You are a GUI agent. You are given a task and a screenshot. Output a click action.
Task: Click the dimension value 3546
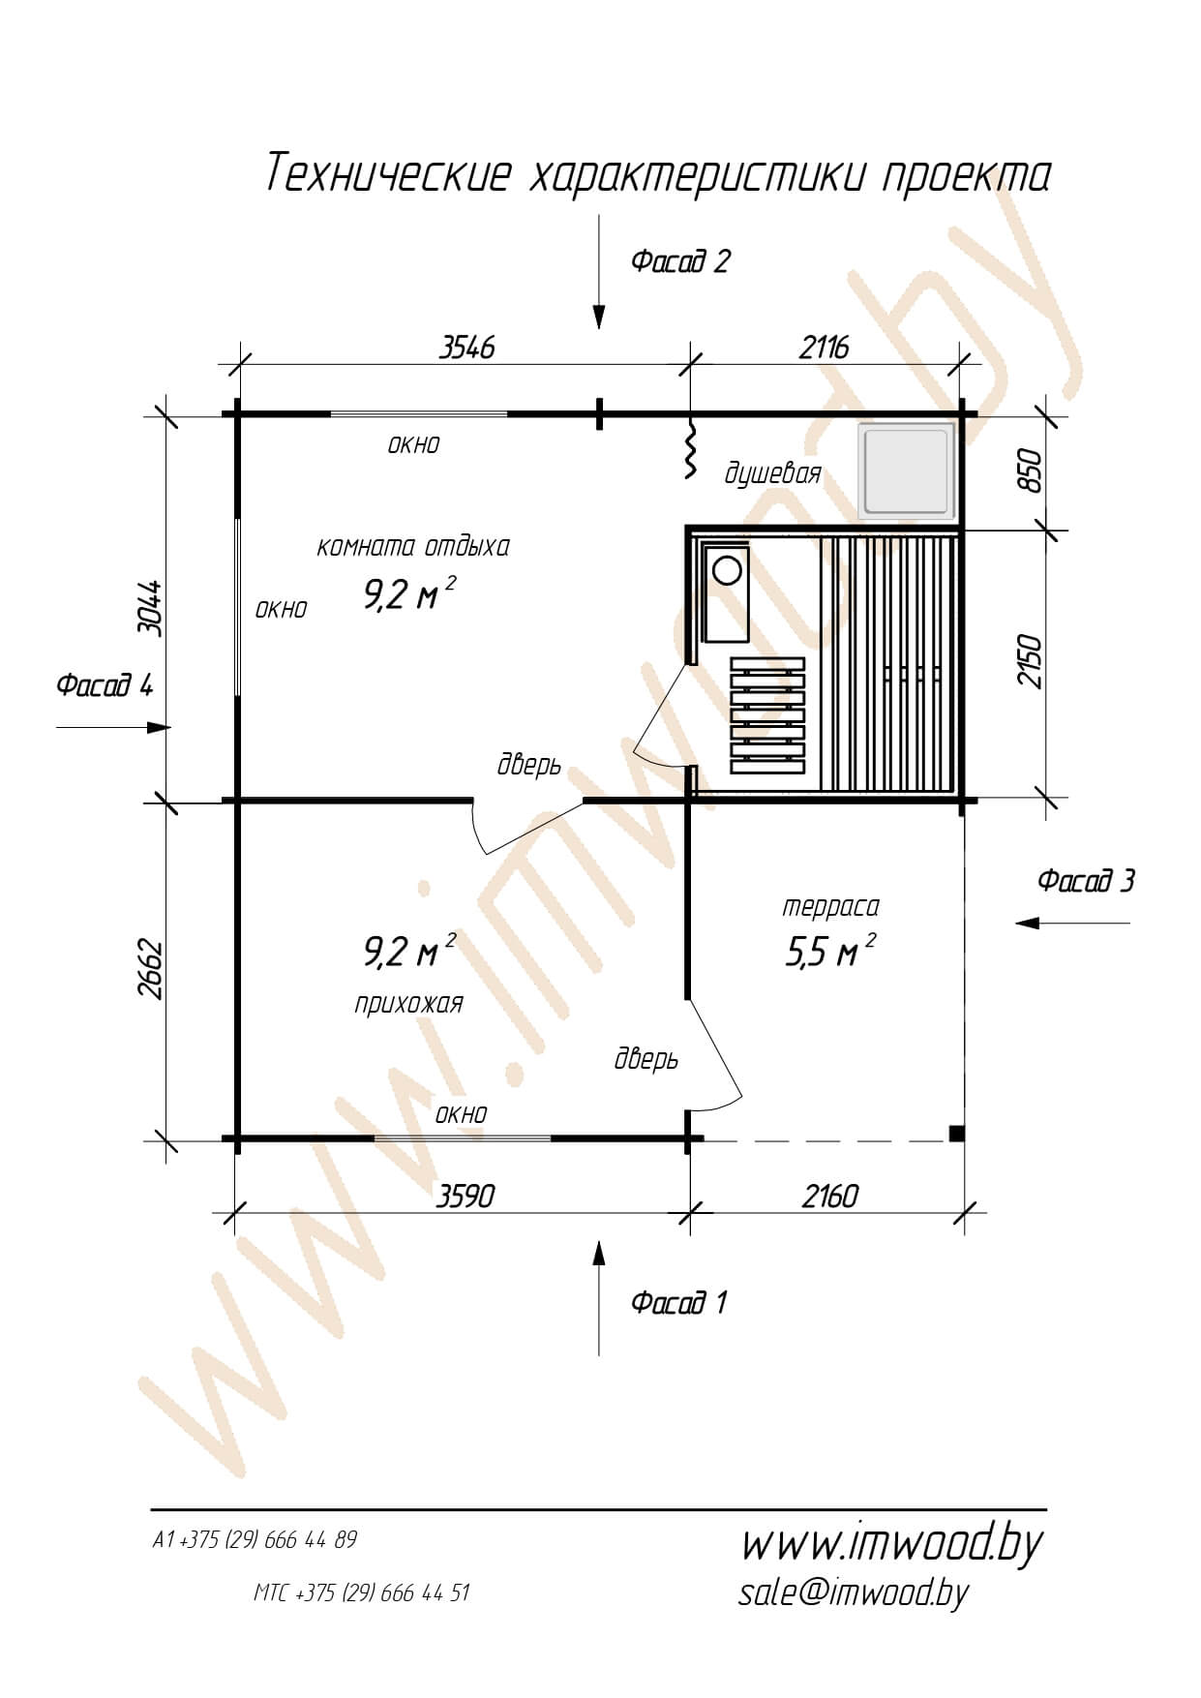467,347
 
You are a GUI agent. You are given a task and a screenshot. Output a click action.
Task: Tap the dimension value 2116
824,347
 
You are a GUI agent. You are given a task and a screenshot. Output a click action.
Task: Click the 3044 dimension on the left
149,607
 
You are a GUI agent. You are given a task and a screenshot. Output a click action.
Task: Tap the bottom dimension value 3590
465,1197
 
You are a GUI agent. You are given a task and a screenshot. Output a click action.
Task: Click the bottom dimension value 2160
829,1197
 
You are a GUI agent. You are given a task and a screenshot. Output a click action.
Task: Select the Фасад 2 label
680,261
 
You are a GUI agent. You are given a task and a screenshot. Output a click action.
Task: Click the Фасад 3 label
1086,881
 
